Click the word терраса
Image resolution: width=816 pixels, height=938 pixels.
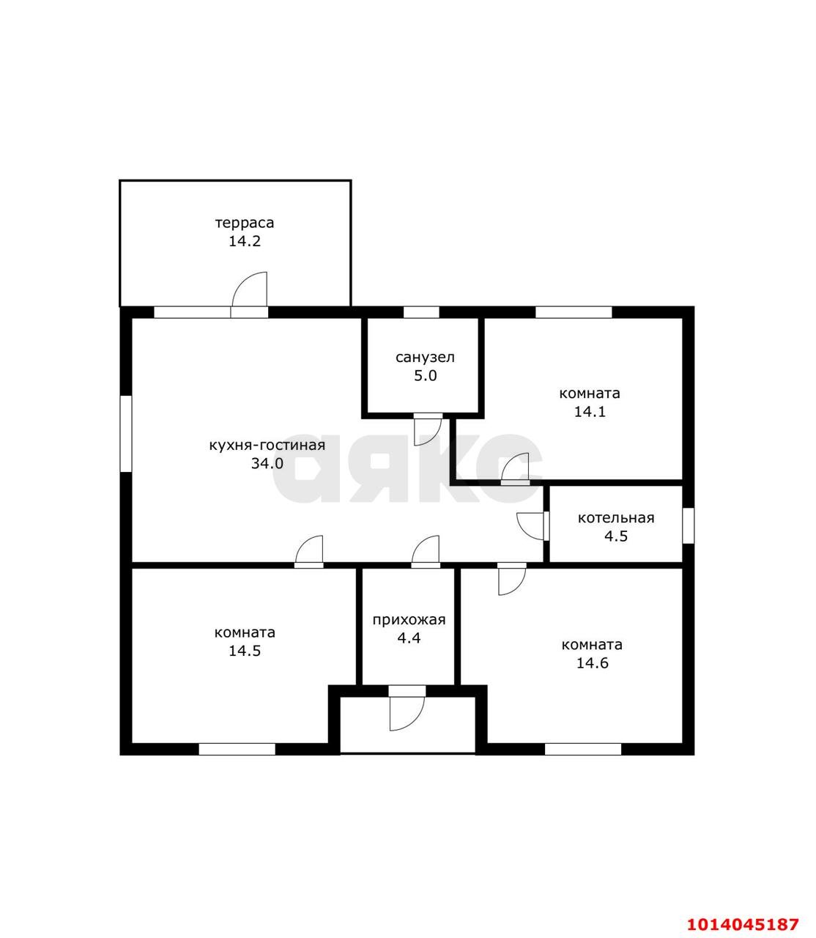[245, 224]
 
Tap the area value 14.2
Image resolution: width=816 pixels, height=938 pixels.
[245, 241]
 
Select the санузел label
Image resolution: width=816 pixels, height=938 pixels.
[425, 357]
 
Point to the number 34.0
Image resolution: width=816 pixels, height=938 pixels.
[267, 463]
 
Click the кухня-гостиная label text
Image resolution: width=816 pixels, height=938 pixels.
[267, 445]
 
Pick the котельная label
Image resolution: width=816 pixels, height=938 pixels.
[616, 518]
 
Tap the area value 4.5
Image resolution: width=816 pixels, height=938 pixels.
[616, 536]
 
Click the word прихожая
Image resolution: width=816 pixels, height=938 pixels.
[409, 620]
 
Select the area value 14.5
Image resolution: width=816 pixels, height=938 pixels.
[245, 651]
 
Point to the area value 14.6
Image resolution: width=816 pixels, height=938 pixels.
[592, 663]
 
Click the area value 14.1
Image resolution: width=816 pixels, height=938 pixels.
[590, 411]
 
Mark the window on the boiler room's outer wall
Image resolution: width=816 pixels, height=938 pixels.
[688, 525]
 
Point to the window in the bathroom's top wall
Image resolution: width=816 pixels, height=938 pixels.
[421, 312]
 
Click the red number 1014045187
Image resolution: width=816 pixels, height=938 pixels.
[742, 911]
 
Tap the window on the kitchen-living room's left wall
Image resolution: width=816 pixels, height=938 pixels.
[125, 433]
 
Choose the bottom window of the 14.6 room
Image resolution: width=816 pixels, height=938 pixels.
[583, 749]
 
